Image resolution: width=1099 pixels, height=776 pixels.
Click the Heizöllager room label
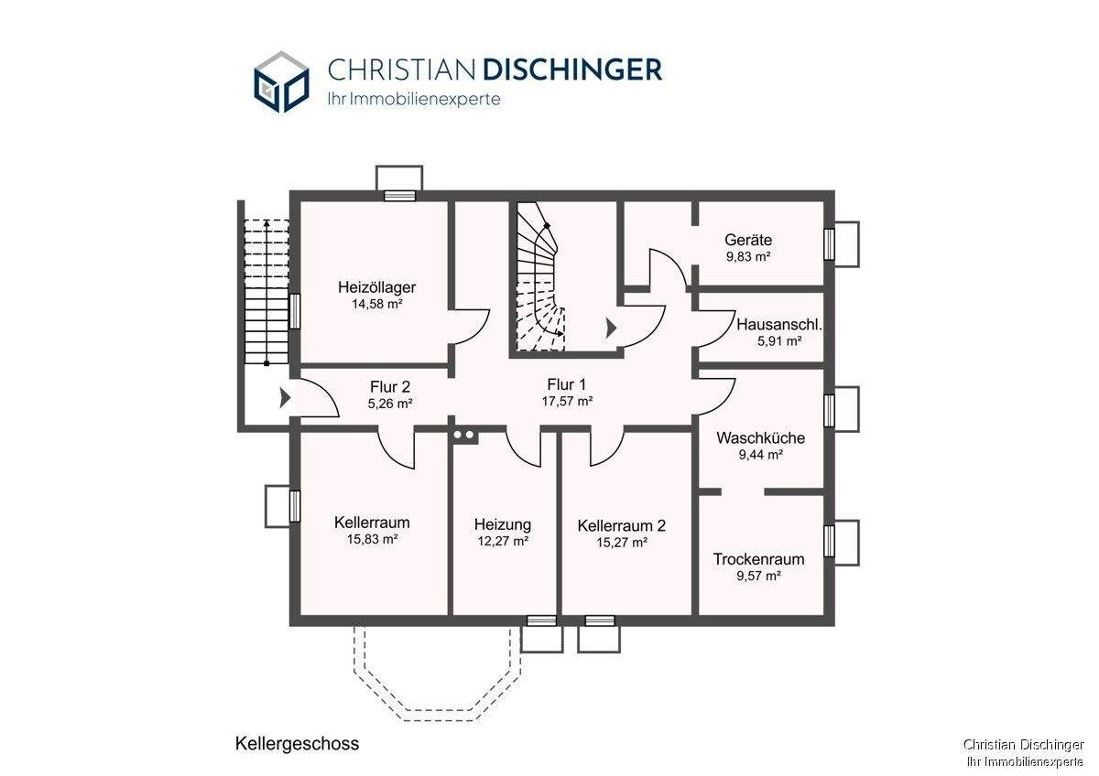tap(376, 286)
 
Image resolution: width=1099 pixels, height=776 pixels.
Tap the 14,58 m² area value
tap(376, 304)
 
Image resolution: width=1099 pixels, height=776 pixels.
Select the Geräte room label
tap(748, 240)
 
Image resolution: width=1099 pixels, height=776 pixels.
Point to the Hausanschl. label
tap(779, 325)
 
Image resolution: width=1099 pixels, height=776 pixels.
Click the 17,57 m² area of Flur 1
tap(567, 402)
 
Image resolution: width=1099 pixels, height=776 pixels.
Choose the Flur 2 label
tap(390, 387)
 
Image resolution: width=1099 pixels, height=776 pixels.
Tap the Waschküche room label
tap(760, 437)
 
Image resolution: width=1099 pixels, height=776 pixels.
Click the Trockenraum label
tap(758, 559)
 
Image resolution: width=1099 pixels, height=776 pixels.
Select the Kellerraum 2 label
tap(622, 526)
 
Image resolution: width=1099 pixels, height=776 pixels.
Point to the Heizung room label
tap(503, 525)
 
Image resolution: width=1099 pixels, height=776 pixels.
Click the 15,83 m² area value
tap(373, 539)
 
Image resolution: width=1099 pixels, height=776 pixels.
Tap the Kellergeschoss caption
tap(298, 744)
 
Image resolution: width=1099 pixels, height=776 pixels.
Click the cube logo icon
tap(282, 81)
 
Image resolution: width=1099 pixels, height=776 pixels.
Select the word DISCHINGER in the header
tap(572, 70)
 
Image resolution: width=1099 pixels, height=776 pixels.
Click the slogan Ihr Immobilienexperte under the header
tap(414, 99)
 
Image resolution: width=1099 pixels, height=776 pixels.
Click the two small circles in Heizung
tap(463, 435)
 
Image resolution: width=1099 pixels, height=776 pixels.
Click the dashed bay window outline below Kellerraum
tap(436, 675)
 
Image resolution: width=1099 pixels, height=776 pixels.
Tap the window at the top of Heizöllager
tap(399, 196)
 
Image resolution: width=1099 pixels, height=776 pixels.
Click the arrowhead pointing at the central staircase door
tap(612, 328)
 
